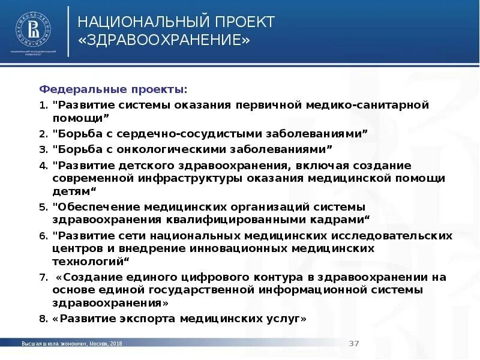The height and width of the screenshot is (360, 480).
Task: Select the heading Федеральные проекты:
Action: (113, 89)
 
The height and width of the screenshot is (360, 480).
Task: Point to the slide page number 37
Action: (354, 343)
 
